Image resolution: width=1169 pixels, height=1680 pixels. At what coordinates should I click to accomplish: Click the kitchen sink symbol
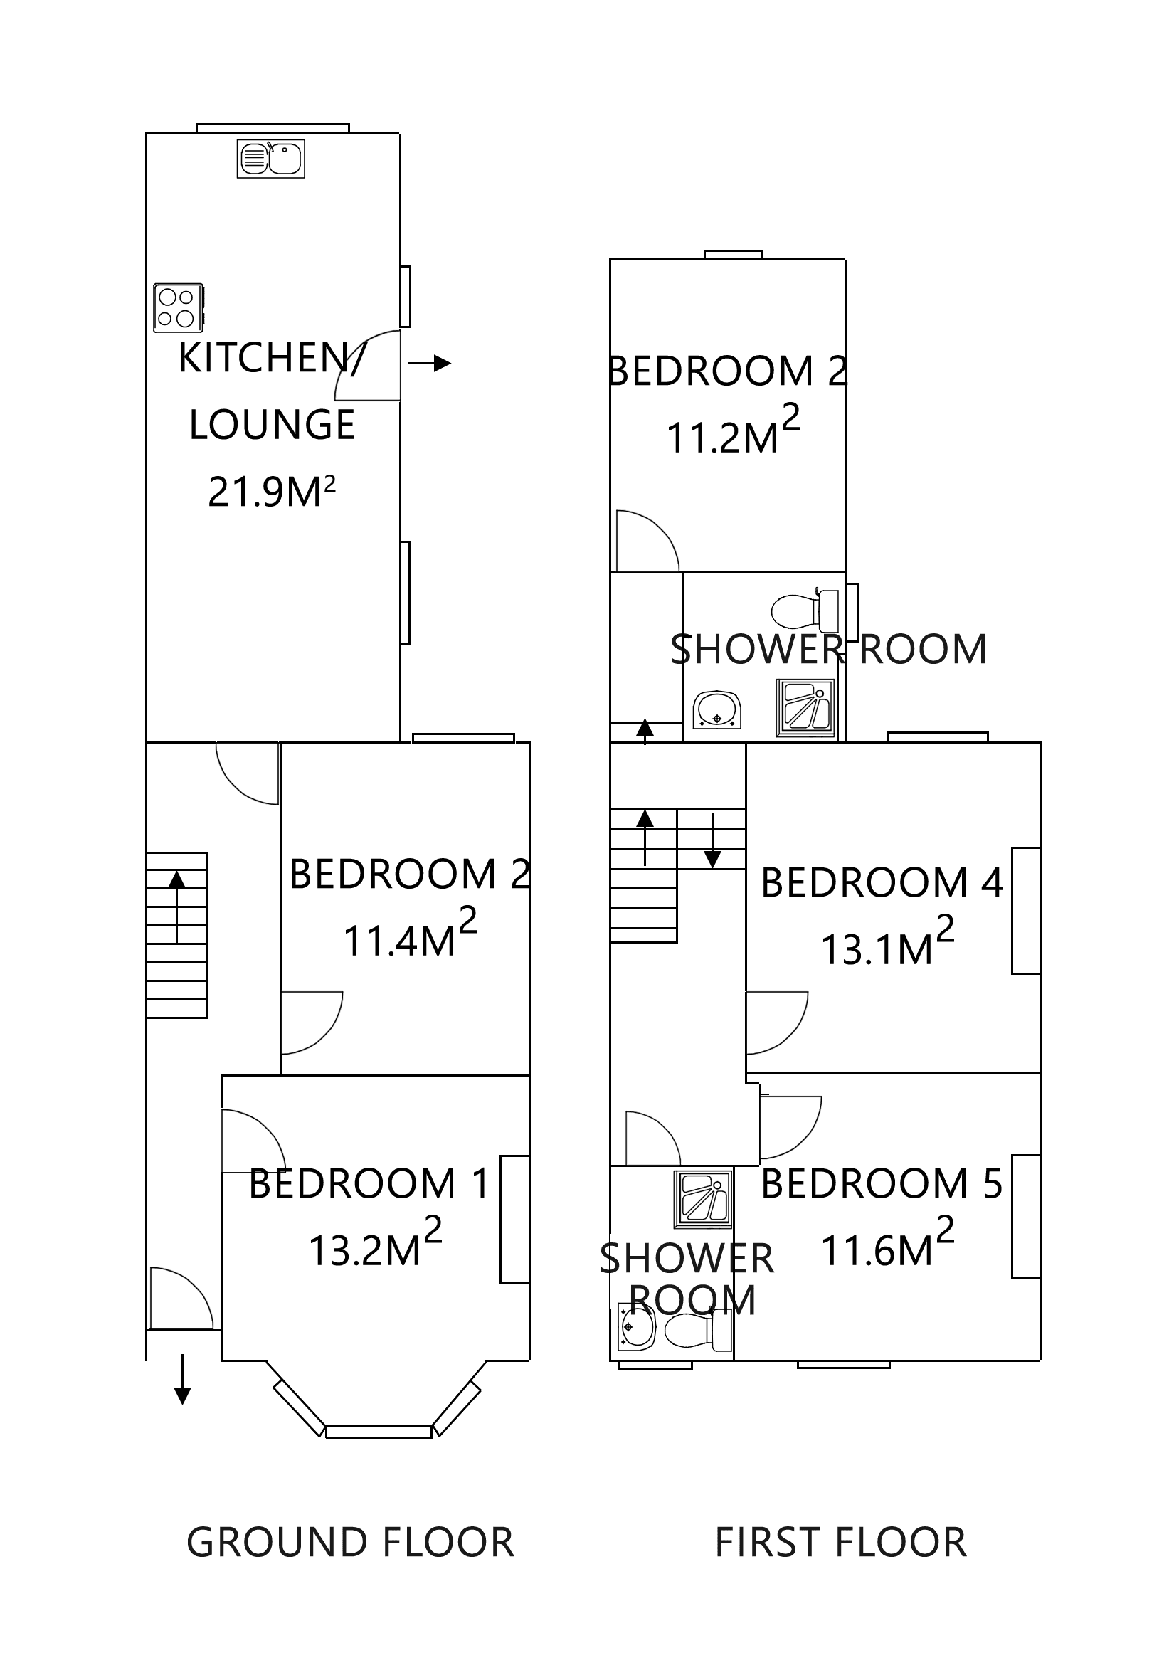[x=270, y=159]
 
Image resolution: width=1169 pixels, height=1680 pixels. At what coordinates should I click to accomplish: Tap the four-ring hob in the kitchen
[x=178, y=307]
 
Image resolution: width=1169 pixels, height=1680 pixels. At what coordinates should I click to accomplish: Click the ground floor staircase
[x=176, y=934]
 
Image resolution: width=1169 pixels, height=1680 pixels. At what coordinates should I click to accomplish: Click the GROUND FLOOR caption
[x=349, y=1543]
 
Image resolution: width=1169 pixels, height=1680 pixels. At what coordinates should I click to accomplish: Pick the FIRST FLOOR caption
[x=840, y=1543]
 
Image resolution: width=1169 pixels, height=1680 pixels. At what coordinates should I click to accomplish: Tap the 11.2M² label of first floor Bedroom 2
[x=731, y=437]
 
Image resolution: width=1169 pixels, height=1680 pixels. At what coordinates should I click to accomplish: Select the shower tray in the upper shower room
[x=805, y=707]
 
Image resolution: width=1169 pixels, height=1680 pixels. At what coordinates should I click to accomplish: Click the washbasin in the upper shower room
[x=717, y=709]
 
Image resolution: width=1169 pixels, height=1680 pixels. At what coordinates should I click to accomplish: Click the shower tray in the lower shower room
[x=702, y=1198]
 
